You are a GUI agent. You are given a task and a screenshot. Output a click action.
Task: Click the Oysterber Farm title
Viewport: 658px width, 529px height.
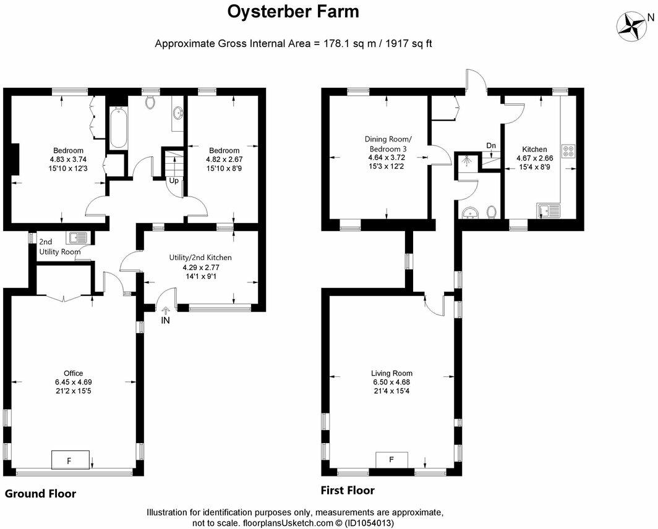point(293,12)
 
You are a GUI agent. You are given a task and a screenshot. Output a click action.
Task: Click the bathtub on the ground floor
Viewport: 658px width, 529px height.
point(118,128)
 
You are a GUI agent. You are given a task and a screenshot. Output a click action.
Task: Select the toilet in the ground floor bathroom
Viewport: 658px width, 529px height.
point(150,103)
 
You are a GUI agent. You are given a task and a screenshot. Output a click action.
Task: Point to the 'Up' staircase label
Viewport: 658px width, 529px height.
point(174,181)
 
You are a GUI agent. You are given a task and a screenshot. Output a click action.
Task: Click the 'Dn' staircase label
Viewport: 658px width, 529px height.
point(491,146)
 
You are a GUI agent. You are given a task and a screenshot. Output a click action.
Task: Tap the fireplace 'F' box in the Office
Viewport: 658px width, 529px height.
point(69,460)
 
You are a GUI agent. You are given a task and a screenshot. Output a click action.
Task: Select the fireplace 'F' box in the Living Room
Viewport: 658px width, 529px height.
point(391,460)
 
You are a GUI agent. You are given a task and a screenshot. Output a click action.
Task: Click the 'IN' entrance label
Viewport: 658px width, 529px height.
point(166,321)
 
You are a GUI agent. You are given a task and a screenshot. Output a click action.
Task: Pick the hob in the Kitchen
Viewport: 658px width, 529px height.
point(568,151)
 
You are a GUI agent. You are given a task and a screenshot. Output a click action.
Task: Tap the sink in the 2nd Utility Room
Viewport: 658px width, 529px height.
point(79,237)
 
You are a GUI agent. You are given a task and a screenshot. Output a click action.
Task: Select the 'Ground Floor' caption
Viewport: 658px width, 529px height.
point(41,493)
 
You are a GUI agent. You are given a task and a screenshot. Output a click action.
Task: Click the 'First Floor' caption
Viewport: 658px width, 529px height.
point(347,491)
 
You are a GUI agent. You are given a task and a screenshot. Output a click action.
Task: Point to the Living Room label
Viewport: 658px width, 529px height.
point(391,373)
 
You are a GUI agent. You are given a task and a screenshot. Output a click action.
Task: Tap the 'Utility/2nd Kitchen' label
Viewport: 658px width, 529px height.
point(201,258)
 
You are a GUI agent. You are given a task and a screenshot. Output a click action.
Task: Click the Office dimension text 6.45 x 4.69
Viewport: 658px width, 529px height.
point(73,382)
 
